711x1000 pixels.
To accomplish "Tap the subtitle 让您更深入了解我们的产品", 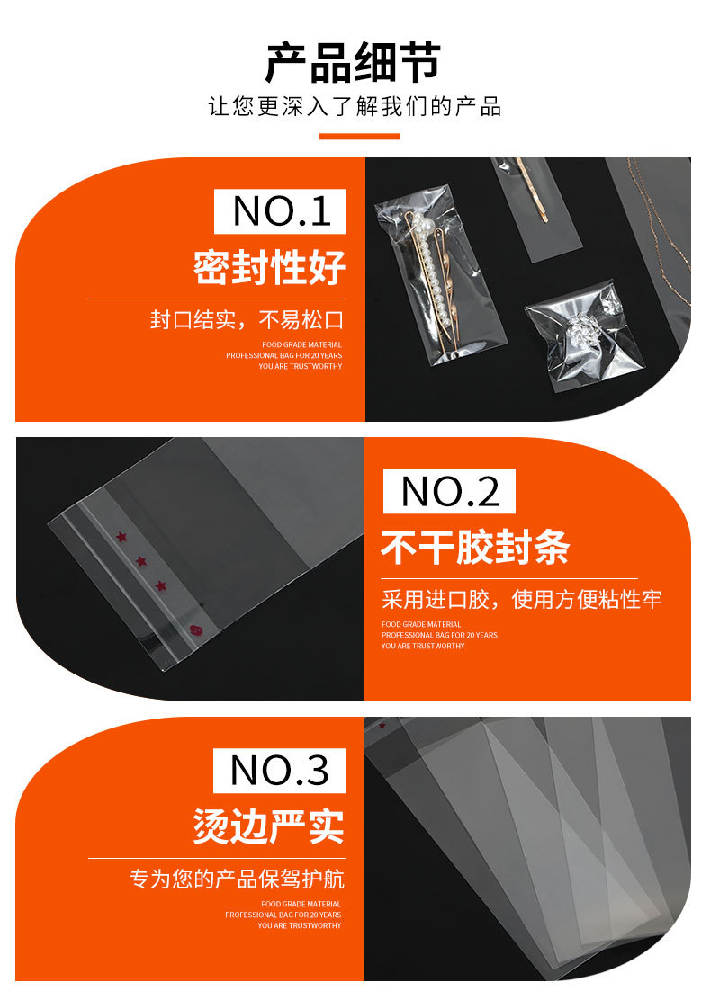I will tap(355, 107).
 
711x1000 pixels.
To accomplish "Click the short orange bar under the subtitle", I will tap(360, 137).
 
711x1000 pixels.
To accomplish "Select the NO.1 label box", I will tap(280, 210).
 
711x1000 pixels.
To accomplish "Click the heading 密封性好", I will tap(269, 267).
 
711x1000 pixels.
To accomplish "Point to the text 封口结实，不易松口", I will tap(247, 320).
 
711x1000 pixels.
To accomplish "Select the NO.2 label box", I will tap(449, 491).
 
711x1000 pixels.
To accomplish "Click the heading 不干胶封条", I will tap(475, 547).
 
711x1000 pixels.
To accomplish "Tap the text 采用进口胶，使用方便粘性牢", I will tap(521, 600).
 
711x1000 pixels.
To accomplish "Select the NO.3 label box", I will tap(279, 770).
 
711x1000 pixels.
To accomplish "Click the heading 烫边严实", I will tap(269, 826).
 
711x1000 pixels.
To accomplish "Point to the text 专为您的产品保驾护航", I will tap(237, 879).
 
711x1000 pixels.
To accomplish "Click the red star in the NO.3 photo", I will tap(382, 724).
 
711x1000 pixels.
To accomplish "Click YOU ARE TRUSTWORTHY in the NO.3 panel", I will tap(300, 925).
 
